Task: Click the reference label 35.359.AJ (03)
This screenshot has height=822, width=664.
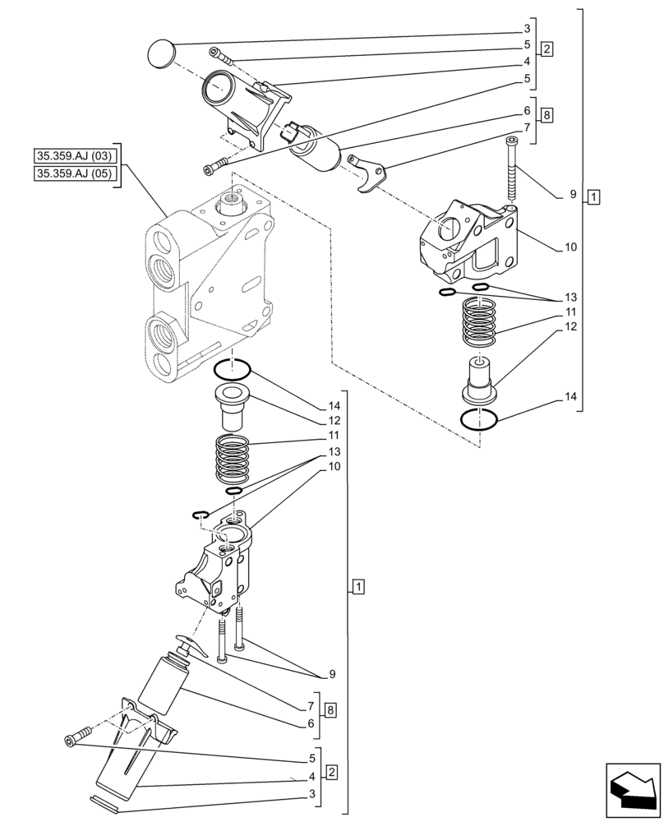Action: pos(74,155)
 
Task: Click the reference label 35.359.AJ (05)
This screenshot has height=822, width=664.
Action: pos(74,173)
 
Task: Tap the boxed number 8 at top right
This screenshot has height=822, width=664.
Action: pos(547,115)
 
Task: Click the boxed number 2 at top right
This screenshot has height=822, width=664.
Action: pos(547,48)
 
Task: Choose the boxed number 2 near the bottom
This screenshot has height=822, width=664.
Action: pos(330,772)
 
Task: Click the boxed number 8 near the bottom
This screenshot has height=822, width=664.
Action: pos(330,710)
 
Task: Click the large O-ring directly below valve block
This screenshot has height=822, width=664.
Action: pos(233,370)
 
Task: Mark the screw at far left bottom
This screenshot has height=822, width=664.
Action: pos(71,741)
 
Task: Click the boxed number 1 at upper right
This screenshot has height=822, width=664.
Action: pos(594,196)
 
